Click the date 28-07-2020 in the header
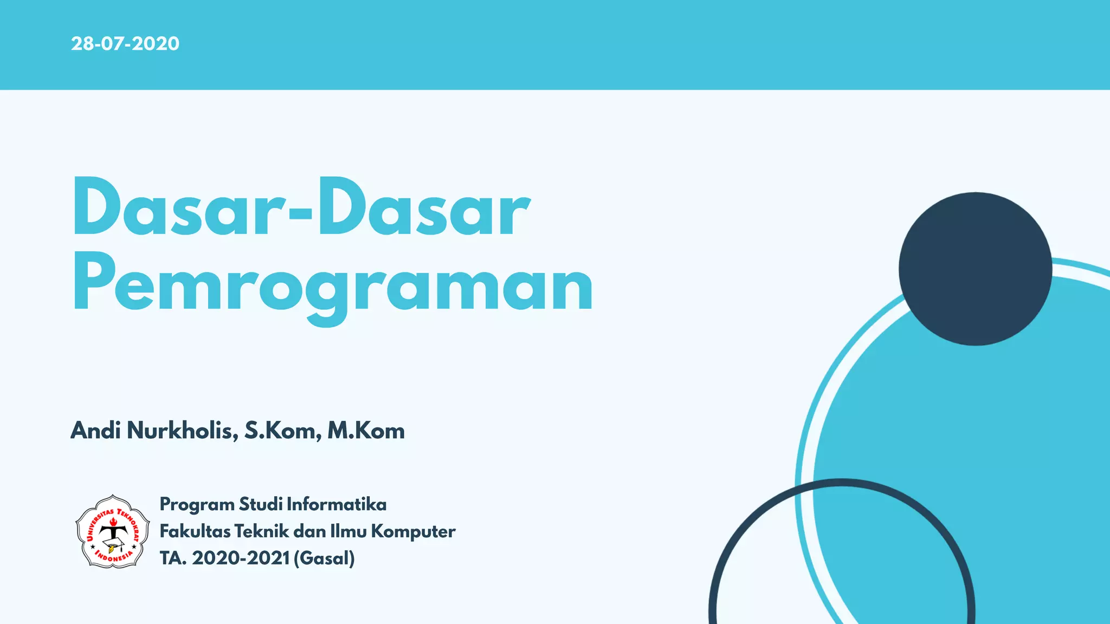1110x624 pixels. coord(125,43)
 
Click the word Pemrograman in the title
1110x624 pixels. coord(333,284)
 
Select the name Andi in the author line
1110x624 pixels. coord(95,431)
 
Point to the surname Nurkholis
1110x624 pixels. coord(182,431)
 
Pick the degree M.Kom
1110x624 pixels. coord(366,431)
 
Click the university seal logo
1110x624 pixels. coord(112,531)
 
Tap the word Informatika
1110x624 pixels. coord(337,504)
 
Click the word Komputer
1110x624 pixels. coord(413,531)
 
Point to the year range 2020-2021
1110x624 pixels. coord(241,558)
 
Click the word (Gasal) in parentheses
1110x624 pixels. coord(324,558)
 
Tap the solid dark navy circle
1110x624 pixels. coord(975,269)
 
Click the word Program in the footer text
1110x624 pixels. coord(197,505)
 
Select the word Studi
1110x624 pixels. coord(260,504)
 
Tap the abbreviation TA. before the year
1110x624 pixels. coord(173,558)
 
